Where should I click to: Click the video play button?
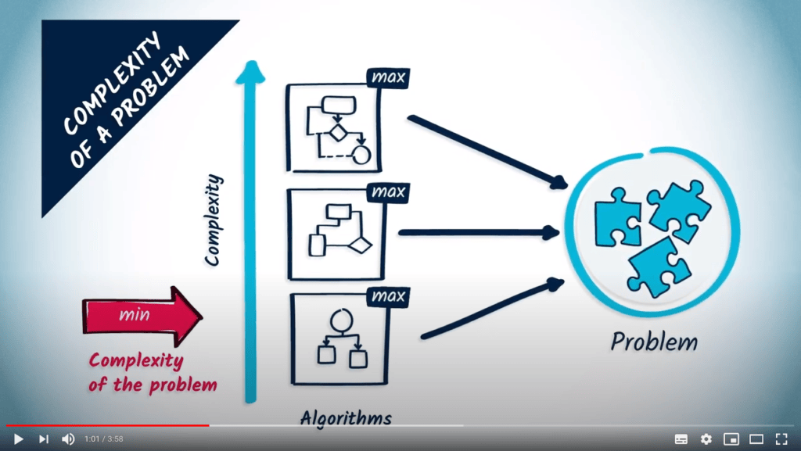pyautogui.click(x=18, y=439)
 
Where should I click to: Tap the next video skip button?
pyautogui.click(x=44, y=439)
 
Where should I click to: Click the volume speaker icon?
pyautogui.click(x=68, y=439)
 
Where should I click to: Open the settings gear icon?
pyautogui.click(x=706, y=439)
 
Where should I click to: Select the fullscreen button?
pyautogui.click(x=781, y=439)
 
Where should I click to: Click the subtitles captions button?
pyautogui.click(x=681, y=439)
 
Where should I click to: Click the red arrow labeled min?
pyautogui.click(x=141, y=316)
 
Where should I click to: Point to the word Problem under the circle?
pyautogui.click(x=654, y=342)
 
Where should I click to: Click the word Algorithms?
pyautogui.click(x=345, y=417)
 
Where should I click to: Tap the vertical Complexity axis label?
pyautogui.click(x=214, y=220)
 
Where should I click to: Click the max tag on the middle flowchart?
pyautogui.click(x=388, y=192)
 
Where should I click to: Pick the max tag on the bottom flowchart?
pyautogui.click(x=388, y=296)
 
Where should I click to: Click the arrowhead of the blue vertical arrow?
pyautogui.click(x=251, y=73)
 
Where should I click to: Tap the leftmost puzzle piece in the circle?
pyautogui.click(x=618, y=216)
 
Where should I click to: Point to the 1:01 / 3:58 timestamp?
pyautogui.click(x=103, y=439)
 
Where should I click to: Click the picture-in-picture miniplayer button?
pyautogui.click(x=731, y=439)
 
